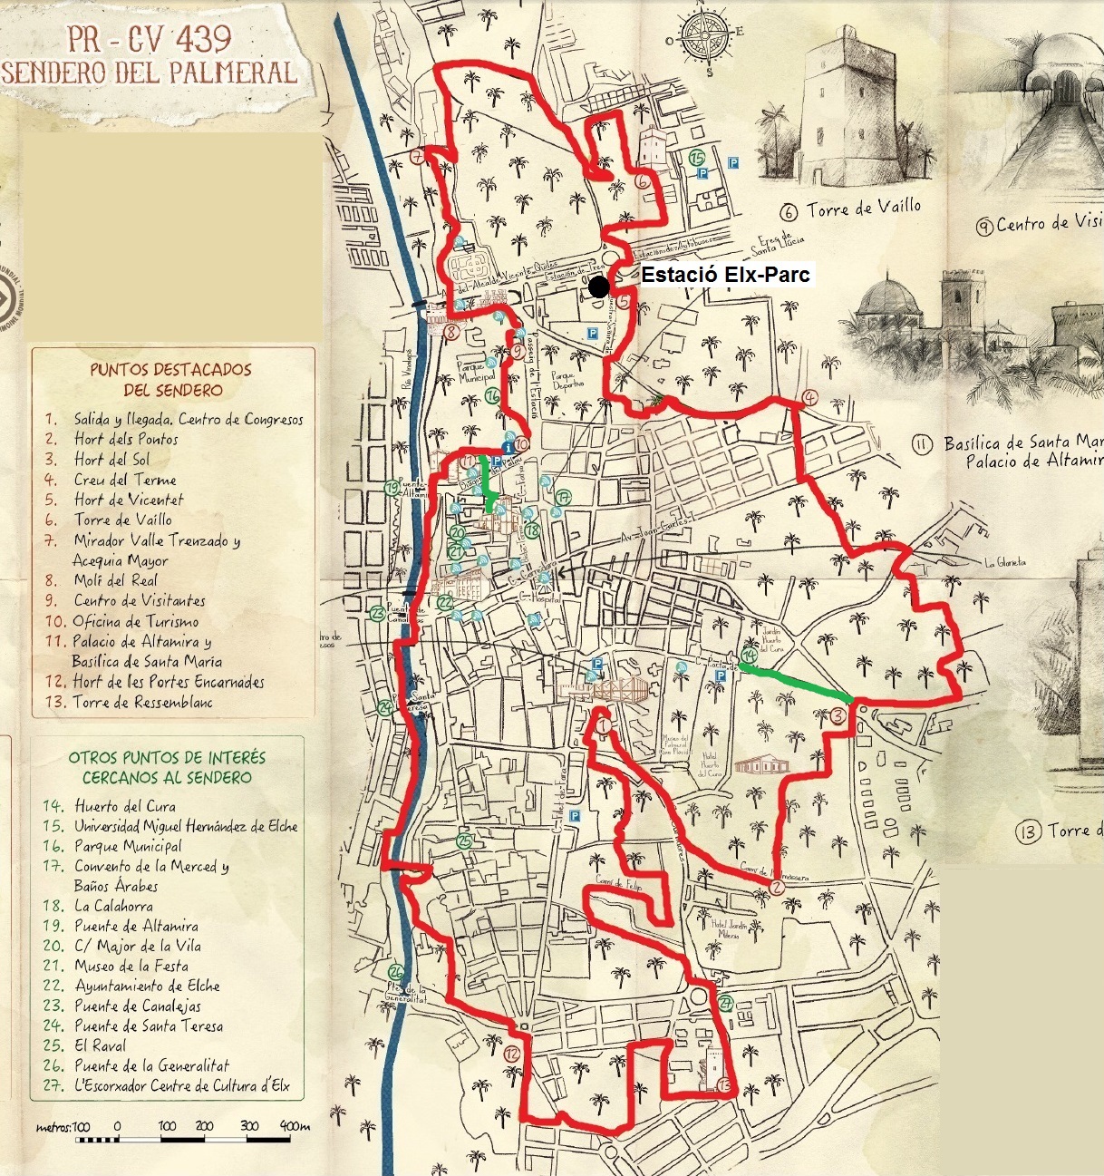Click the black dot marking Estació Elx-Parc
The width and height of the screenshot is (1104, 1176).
coord(598,287)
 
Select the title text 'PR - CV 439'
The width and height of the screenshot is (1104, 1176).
coord(150,39)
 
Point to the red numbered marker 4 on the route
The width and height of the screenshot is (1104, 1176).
coord(809,397)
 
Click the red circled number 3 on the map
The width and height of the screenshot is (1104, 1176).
coord(838,715)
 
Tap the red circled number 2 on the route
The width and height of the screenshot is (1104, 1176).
coord(777,887)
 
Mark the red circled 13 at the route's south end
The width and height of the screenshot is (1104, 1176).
coord(722,1084)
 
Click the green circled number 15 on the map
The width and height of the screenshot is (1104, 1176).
coord(697,158)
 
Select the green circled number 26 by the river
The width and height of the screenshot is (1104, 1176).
coord(395,971)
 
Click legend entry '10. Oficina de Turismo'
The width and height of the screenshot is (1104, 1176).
coord(122,621)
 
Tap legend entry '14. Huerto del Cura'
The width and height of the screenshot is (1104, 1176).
coord(110,806)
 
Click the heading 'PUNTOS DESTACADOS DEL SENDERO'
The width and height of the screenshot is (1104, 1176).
coord(169,380)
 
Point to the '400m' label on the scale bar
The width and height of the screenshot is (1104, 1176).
coord(295,1126)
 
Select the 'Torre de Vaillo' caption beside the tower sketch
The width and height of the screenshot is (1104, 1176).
coord(851,209)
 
